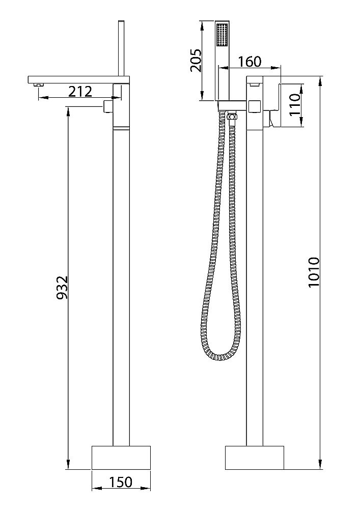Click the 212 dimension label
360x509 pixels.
click(x=80, y=92)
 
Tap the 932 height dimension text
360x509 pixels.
click(x=62, y=288)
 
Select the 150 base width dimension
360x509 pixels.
click(x=121, y=482)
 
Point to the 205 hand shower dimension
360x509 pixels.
click(x=196, y=61)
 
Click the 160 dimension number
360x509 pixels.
click(x=250, y=62)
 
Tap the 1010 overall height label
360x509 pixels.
click(x=314, y=272)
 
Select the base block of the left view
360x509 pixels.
click(x=121, y=458)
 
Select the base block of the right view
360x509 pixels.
click(x=255, y=458)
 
